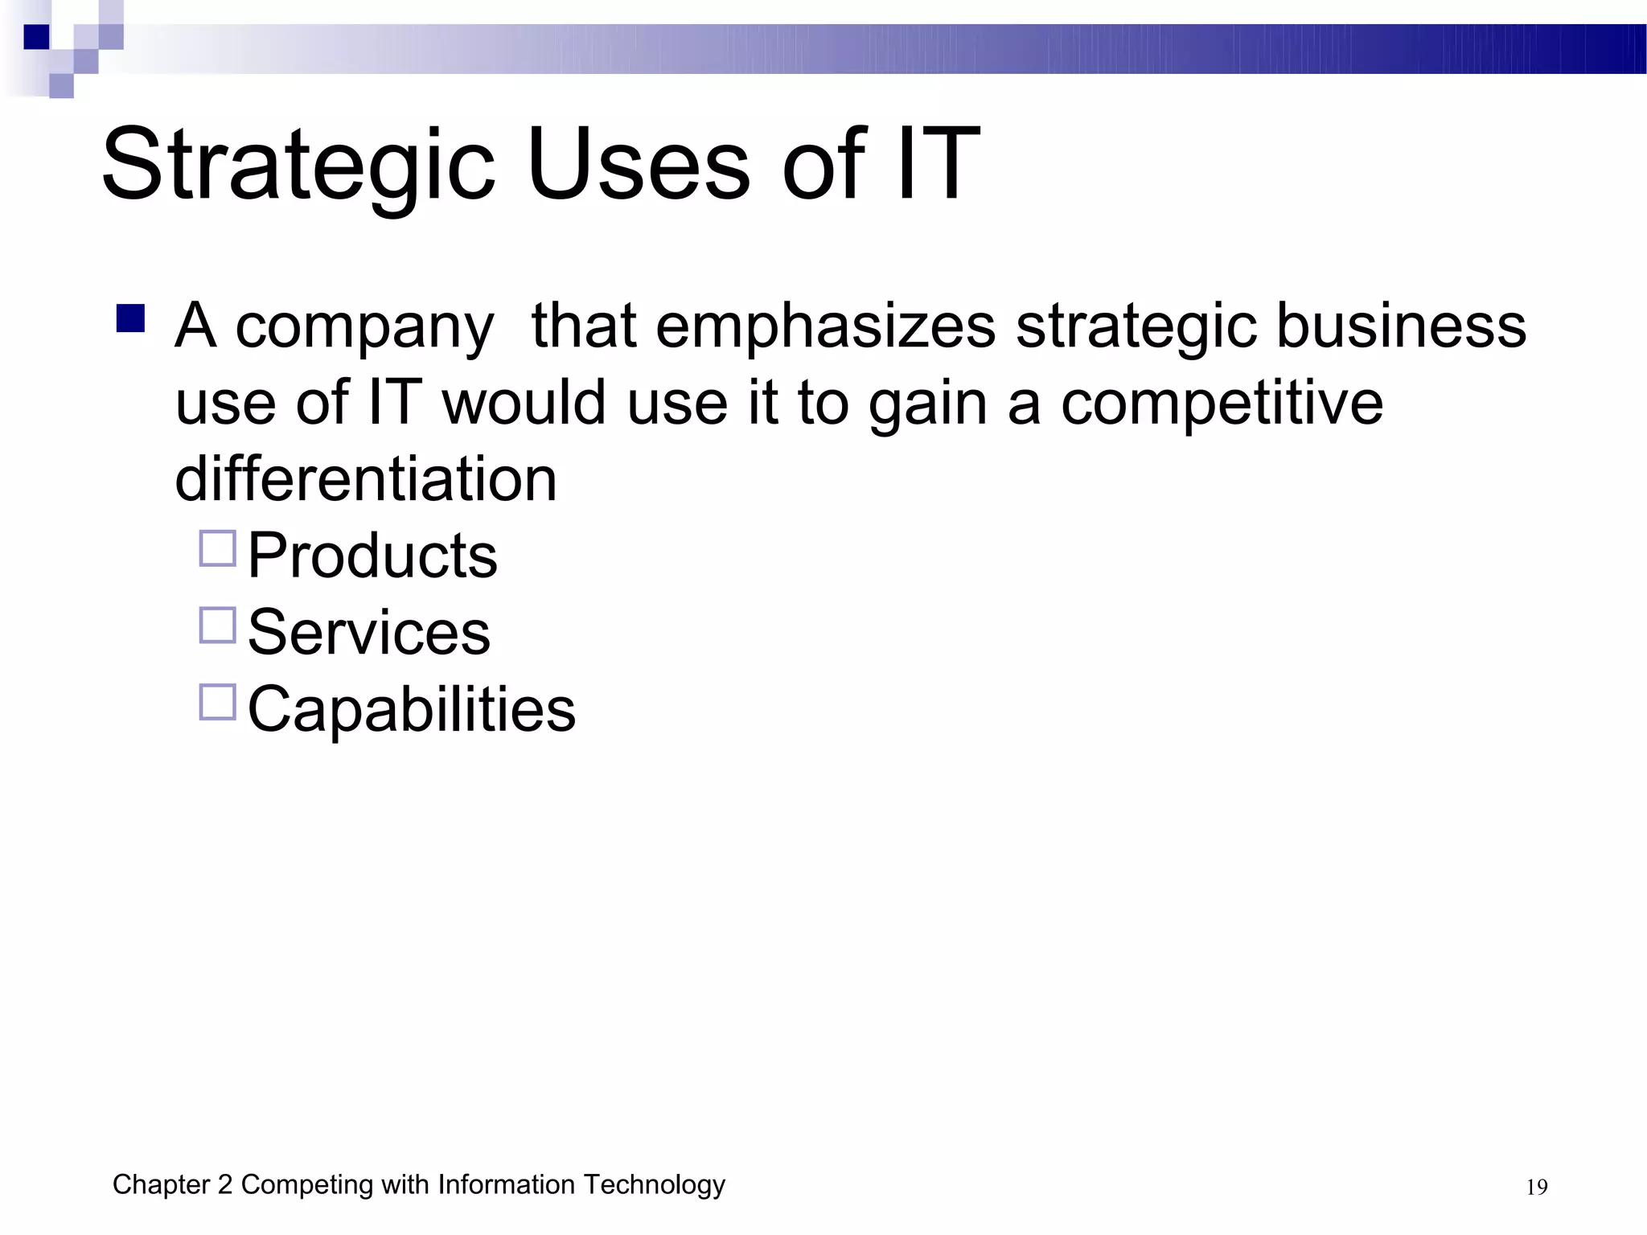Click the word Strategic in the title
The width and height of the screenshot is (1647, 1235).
pos(298,165)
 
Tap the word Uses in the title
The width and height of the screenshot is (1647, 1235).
pos(639,165)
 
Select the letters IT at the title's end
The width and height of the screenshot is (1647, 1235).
pos(937,165)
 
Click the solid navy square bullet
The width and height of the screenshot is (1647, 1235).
pos(130,318)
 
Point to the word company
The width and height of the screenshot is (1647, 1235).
pos(364,328)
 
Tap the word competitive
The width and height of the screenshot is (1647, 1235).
pos(1222,404)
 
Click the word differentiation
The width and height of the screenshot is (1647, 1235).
pos(366,479)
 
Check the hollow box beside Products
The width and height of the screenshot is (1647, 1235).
pos(217,548)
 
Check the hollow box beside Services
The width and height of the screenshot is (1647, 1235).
pos(217,626)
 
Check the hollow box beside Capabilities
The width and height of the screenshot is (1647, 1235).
pos(217,702)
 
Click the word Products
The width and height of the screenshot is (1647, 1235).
pos(372,556)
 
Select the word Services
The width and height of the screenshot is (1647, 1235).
pos(368,633)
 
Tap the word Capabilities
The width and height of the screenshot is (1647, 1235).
pos(411,710)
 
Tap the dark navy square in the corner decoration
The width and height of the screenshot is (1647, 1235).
pos(36,37)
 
